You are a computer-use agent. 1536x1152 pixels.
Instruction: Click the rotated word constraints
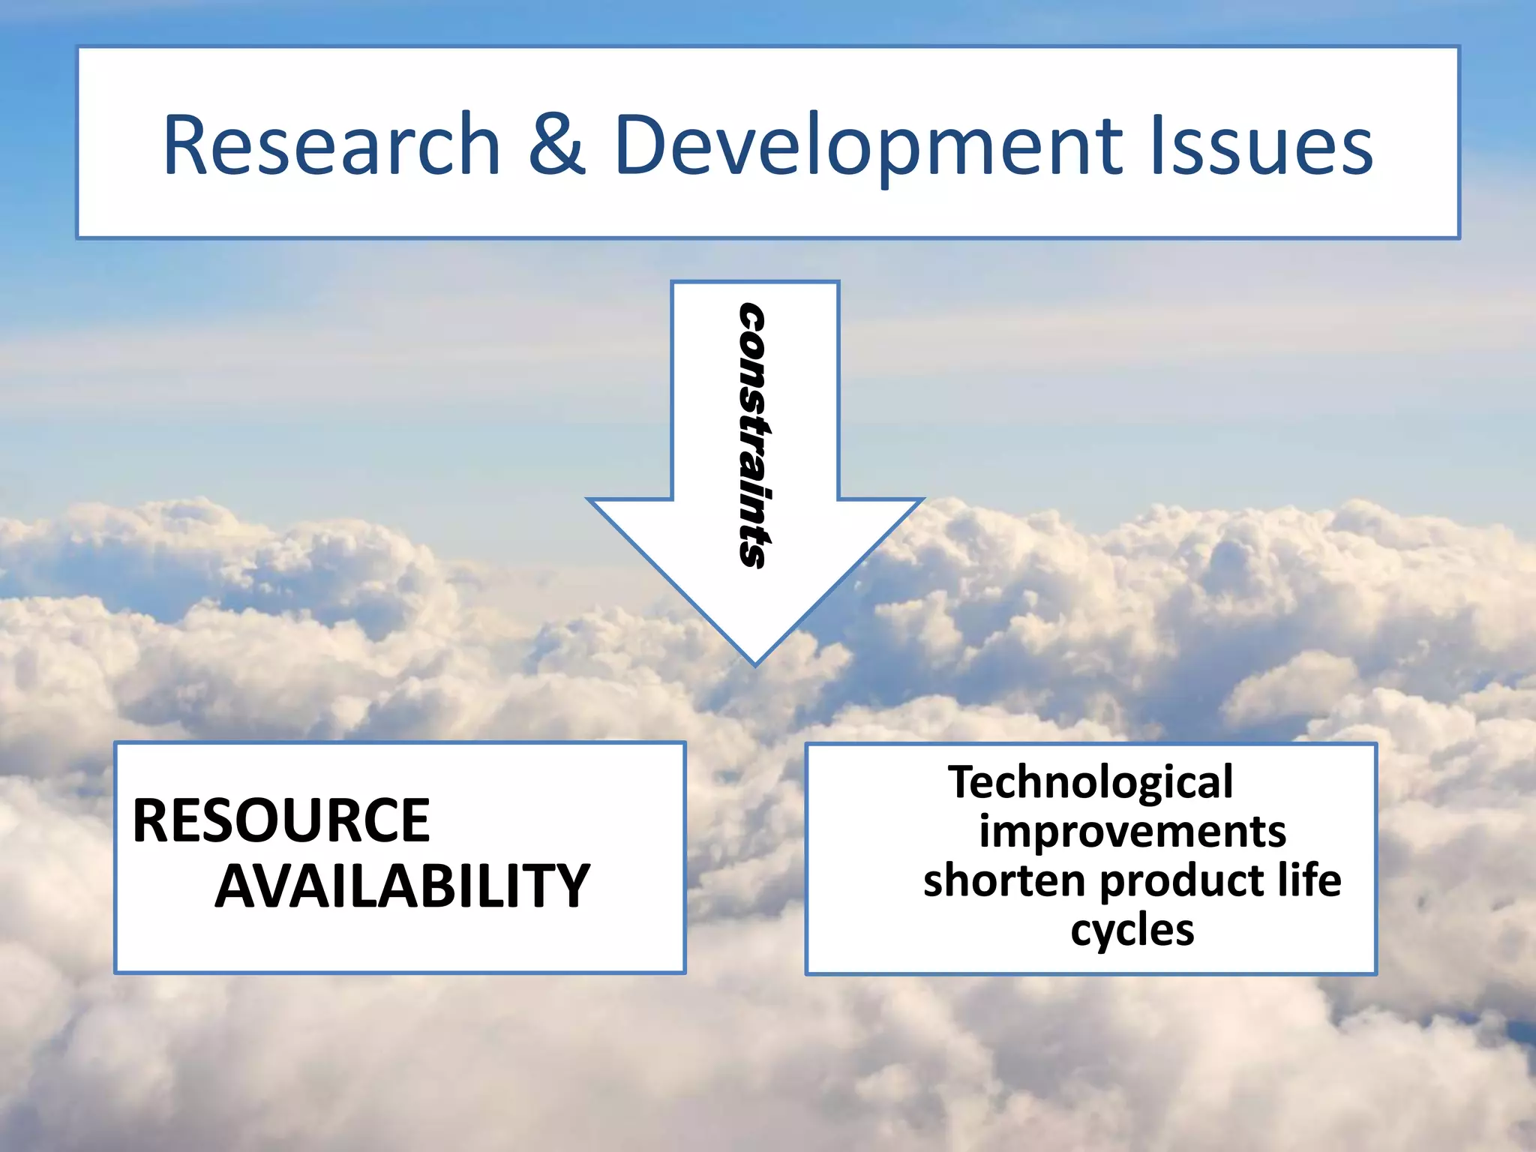coord(752,435)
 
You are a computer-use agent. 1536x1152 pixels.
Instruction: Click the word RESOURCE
coord(281,821)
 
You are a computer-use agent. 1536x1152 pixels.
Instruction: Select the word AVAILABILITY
coord(402,886)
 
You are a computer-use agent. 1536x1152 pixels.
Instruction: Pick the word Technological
coord(1090,782)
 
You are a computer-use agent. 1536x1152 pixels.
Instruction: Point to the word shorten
coord(1003,880)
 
